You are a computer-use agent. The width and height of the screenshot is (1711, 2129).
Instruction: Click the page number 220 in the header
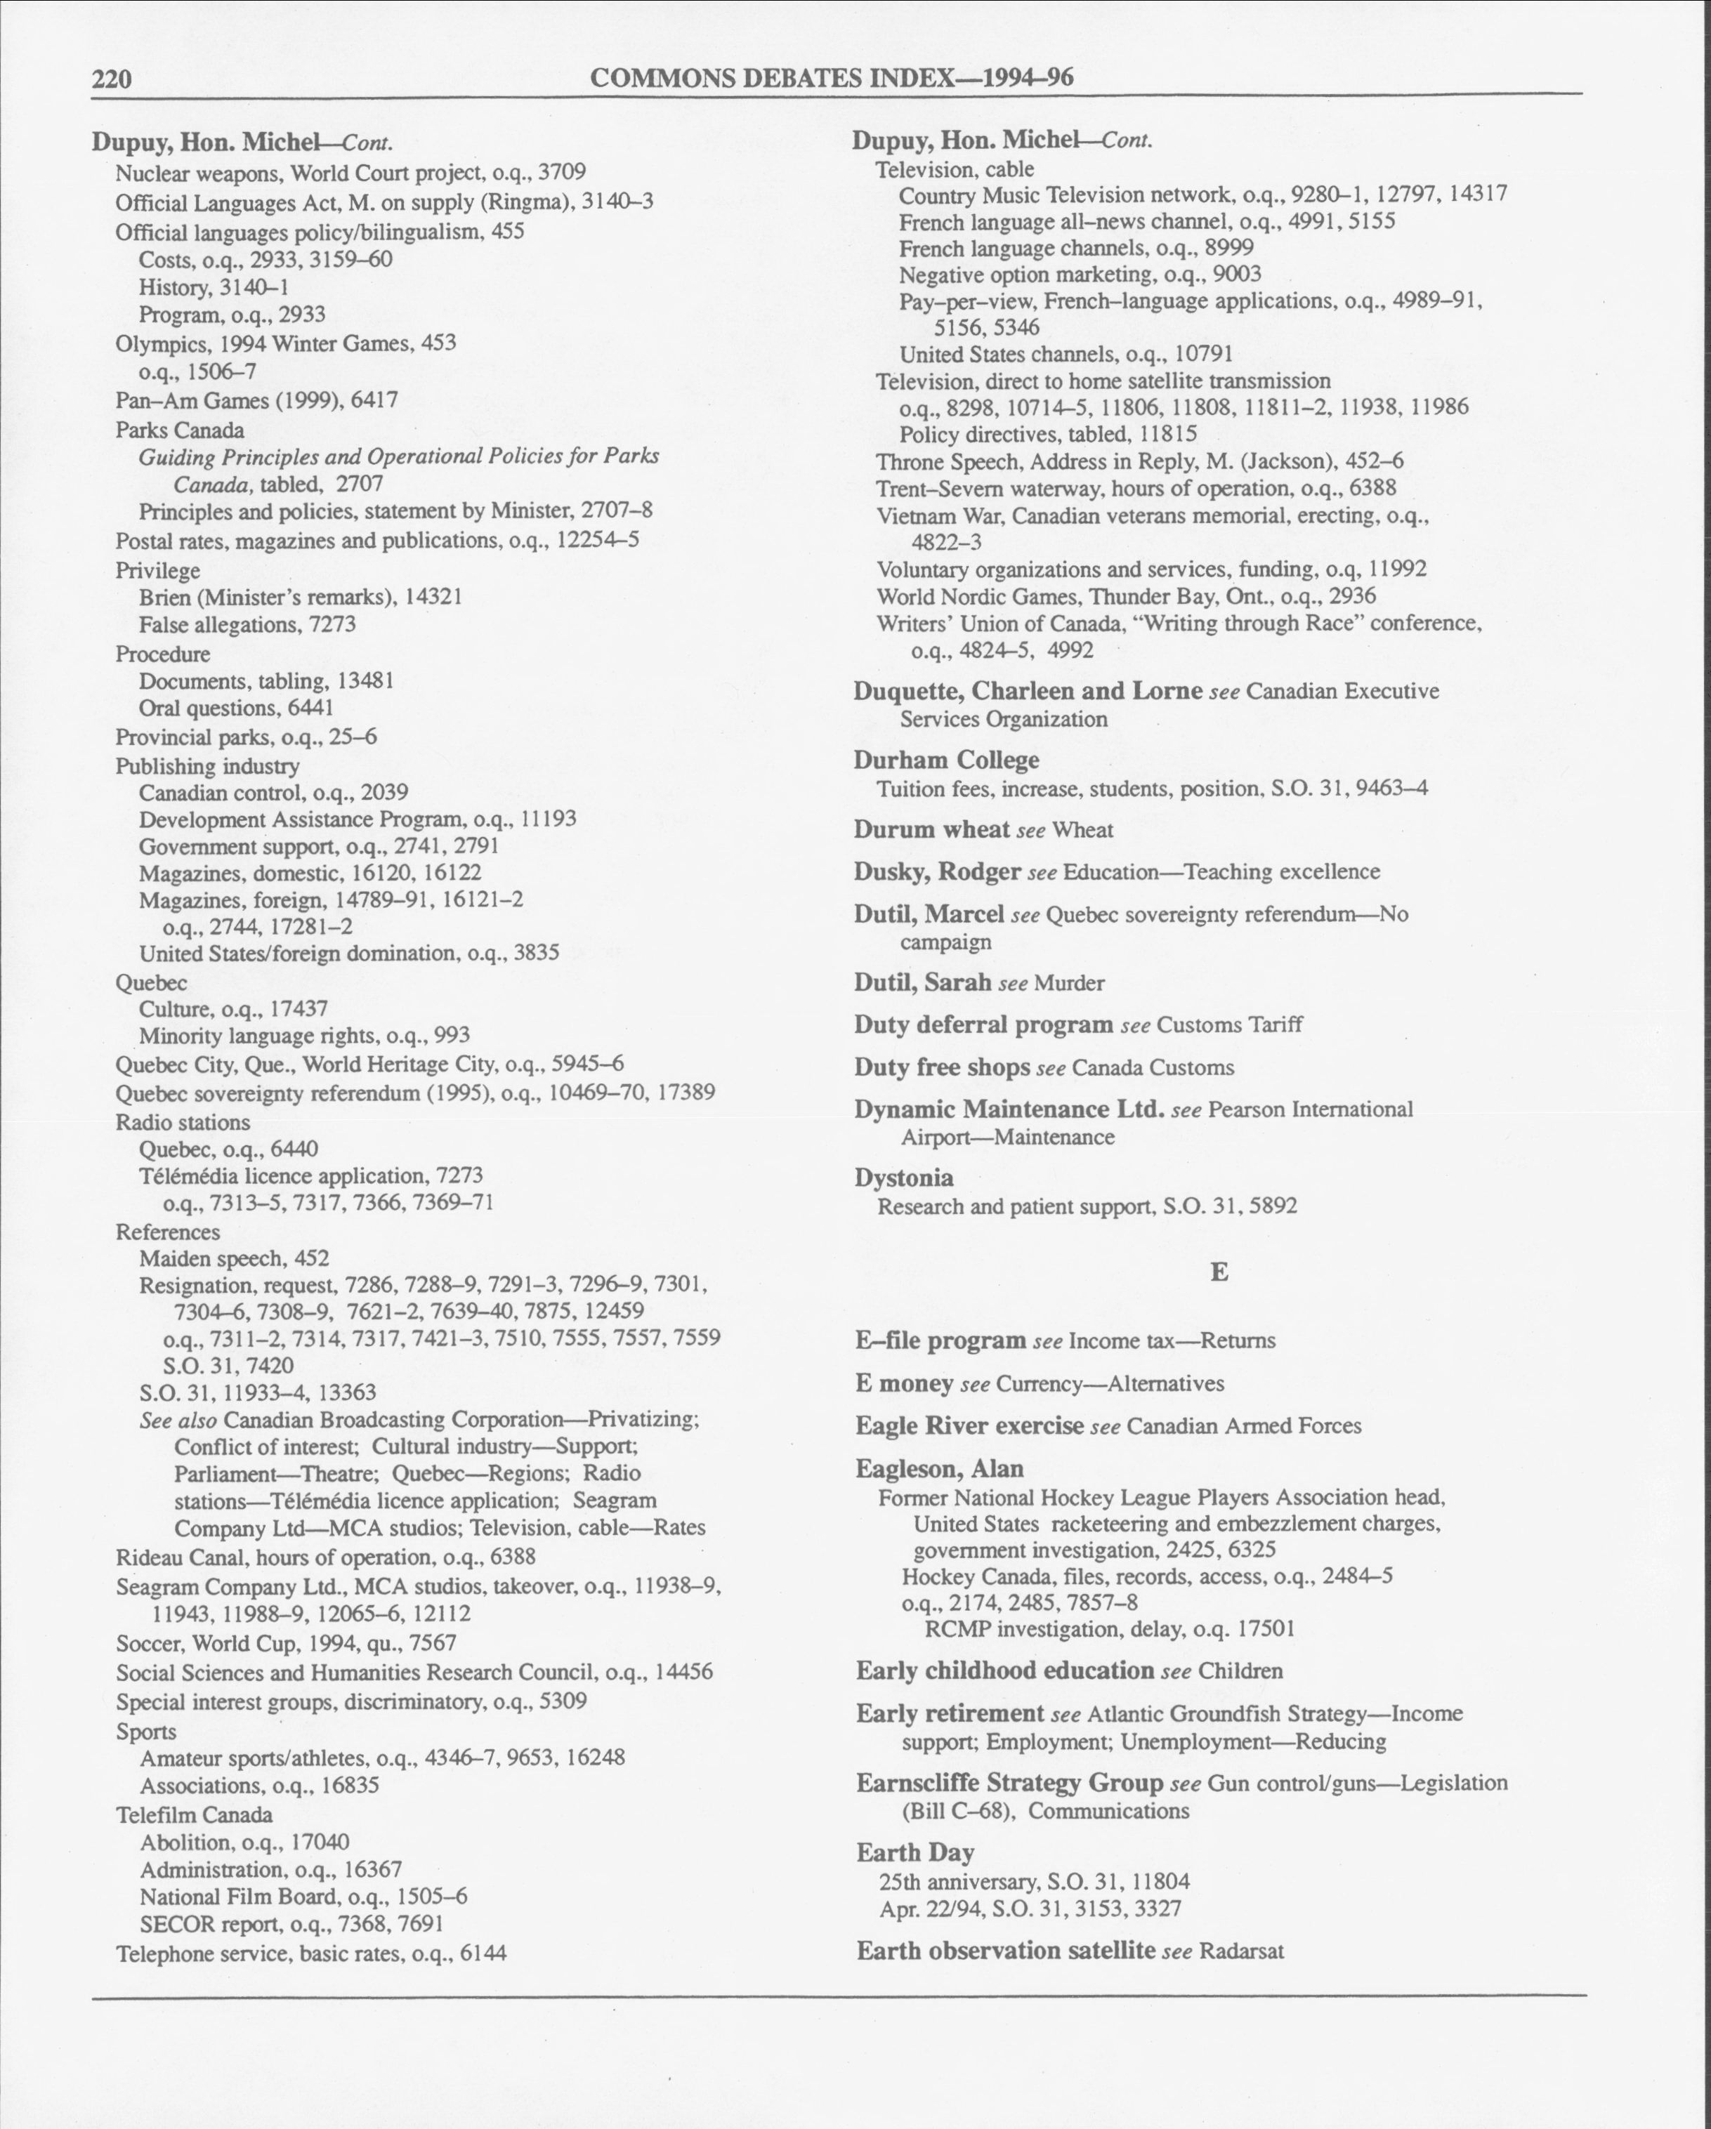(112, 79)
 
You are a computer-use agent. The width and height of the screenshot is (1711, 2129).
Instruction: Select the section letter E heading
(1219, 1273)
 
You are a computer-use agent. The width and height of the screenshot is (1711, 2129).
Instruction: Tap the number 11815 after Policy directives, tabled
(1167, 433)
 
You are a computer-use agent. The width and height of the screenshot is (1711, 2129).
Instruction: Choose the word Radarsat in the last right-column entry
(1241, 1951)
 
